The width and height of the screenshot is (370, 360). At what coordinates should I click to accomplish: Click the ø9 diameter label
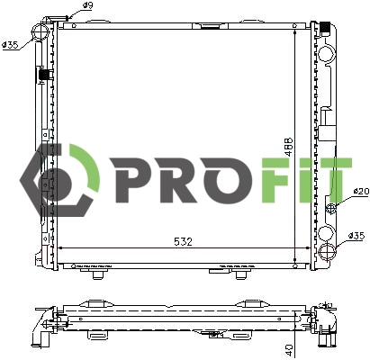click(88, 6)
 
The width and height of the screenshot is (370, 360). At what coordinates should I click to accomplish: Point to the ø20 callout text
click(359, 191)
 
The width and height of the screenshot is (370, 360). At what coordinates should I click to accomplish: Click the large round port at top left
click(41, 33)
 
